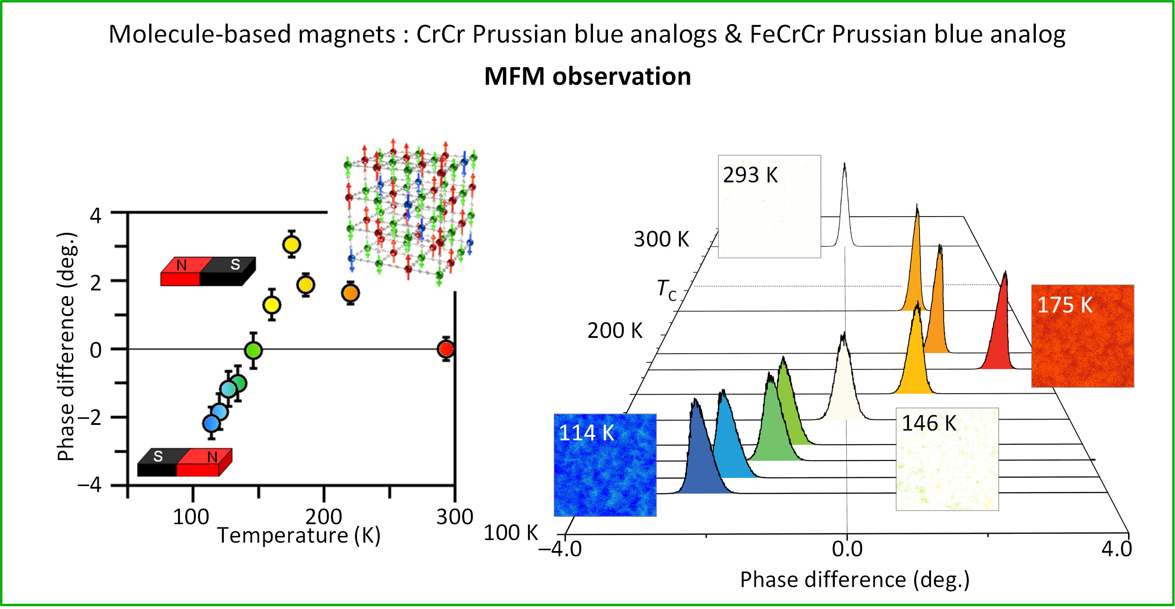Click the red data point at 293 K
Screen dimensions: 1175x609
(446, 349)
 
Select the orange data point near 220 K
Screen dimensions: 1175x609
(350, 293)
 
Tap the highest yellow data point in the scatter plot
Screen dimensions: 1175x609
(291, 245)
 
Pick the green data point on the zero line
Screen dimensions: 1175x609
(253, 351)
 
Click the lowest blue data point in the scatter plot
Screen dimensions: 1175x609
(211, 424)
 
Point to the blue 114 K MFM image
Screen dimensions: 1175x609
(605, 465)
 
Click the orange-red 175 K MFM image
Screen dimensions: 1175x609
(1082, 336)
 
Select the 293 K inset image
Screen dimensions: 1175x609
(769, 207)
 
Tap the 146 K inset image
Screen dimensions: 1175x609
(947, 459)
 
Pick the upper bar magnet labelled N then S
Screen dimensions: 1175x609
(208, 271)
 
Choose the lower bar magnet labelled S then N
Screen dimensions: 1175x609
(185, 462)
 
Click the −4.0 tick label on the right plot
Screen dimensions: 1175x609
(560, 549)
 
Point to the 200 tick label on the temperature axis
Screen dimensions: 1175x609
(323, 517)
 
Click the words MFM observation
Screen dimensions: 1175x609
(587, 76)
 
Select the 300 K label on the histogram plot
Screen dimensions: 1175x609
(661, 239)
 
